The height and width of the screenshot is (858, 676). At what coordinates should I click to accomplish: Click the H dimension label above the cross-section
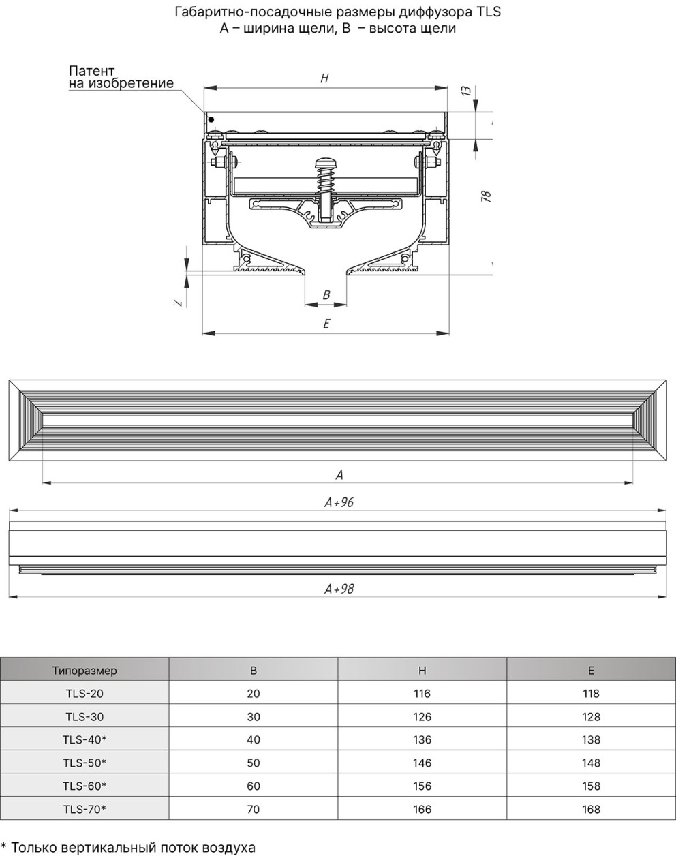324,78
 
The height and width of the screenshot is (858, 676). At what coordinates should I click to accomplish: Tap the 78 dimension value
486,196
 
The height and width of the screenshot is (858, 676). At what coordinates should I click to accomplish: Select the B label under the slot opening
326,294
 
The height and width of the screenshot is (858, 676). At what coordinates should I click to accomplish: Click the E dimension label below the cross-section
326,323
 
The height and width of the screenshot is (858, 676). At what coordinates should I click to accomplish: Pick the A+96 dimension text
339,502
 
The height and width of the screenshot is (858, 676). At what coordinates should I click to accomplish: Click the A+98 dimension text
339,589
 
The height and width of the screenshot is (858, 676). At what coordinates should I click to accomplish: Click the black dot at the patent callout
211,119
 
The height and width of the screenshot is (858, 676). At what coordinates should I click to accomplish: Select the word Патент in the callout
92,71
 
